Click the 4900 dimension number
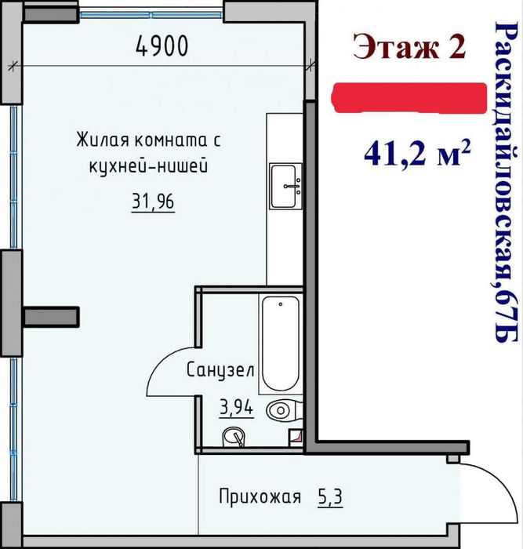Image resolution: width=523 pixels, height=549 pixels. coord(162,45)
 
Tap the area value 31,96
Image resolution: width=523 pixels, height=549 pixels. coord(153,202)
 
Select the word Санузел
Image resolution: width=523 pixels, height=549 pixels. coord(220,370)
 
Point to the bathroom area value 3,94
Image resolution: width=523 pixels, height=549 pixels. coord(236,407)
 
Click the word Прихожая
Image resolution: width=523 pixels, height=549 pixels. coord(260,496)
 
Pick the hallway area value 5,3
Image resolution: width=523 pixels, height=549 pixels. coord(330,497)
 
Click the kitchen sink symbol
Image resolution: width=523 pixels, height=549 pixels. coord(285,187)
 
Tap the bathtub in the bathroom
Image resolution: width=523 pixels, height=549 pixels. coord(281,344)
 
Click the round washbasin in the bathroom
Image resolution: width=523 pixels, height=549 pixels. coord(234,437)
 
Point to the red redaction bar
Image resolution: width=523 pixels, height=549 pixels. coord(409,98)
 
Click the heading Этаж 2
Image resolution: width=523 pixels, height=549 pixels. coord(409,46)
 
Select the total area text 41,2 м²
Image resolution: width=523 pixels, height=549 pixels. coord(416,154)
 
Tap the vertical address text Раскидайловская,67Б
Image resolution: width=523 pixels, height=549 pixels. coord(506,182)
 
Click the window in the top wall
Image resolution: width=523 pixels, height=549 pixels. coord(151,15)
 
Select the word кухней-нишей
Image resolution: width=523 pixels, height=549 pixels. coord(148,166)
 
